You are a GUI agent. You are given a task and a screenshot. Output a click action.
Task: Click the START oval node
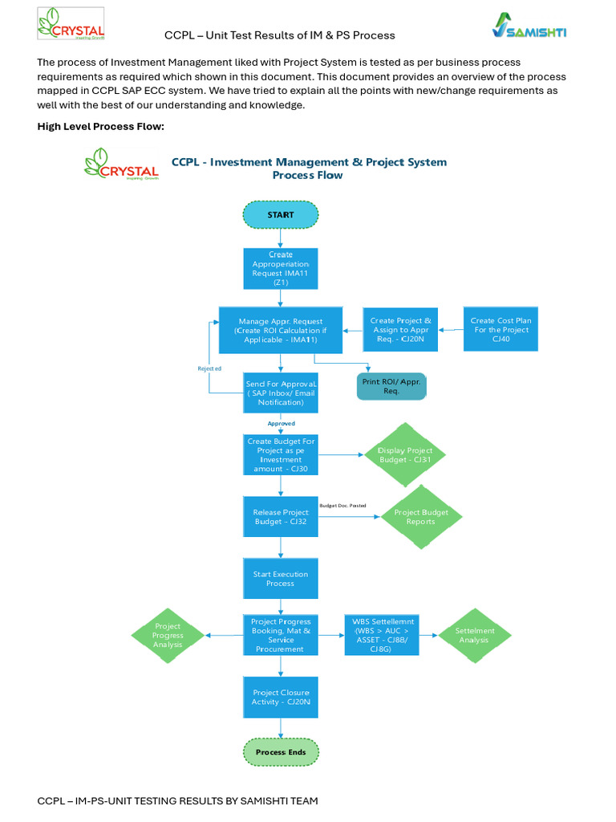[280, 215]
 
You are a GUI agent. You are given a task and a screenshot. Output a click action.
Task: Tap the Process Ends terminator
[281, 752]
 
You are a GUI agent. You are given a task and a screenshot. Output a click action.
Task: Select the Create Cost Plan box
[500, 329]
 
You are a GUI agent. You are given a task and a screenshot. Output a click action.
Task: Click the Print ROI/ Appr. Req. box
[391, 386]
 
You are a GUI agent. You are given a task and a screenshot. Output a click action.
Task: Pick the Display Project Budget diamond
[404, 455]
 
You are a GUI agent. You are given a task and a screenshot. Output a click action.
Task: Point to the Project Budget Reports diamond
[421, 517]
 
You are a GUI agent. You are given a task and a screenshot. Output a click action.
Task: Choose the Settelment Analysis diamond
[475, 636]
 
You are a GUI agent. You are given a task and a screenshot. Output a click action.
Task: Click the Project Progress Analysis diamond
[168, 636]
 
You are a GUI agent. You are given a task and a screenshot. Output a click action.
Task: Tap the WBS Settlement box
[382, 636]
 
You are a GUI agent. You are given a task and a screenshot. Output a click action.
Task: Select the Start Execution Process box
[281, 579]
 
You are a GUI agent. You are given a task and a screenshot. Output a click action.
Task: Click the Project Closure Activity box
[281, 698]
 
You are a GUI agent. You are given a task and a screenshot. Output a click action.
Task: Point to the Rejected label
[209, 368]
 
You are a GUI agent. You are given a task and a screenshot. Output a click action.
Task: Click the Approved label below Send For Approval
[282, 424]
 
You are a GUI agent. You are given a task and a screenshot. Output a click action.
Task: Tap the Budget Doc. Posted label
[342, 506]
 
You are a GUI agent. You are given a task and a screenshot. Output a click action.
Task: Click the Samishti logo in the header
[529, 25]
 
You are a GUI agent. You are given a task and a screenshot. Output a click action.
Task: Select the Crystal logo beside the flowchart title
[122, 164]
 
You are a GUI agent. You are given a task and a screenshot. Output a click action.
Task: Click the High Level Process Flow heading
[100, 126]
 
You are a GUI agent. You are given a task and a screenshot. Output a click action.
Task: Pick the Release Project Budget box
[281, 517]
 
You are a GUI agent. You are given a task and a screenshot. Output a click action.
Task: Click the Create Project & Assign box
[400, 329]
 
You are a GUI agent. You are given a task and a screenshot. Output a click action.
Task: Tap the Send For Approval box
[281, 393]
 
